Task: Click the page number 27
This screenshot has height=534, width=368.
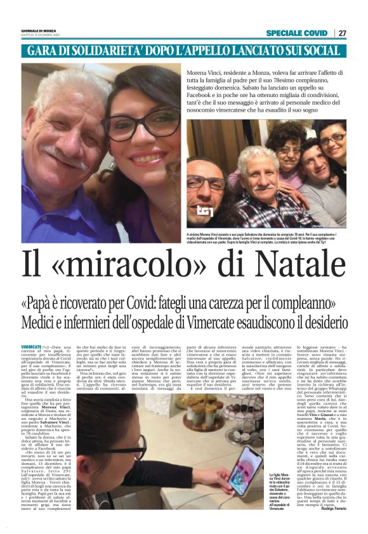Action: tap(343, 33)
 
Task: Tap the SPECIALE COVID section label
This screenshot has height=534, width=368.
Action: tap(296, 33)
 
